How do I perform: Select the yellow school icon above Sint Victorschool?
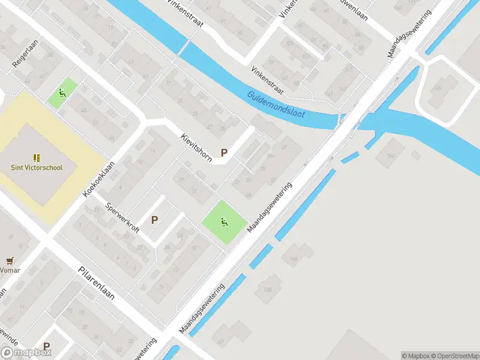click(37, 158)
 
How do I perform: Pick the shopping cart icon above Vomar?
click(10, 260)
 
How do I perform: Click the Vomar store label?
click(10, 270)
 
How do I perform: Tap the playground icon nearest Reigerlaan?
click(62, 93)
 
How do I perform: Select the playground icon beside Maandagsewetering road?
click(224, 222)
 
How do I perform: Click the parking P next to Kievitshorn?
click(224, 152)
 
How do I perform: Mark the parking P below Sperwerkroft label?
click(155, 220)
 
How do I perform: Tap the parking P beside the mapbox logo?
click(47, 346)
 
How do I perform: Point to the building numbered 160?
click(391, 157)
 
